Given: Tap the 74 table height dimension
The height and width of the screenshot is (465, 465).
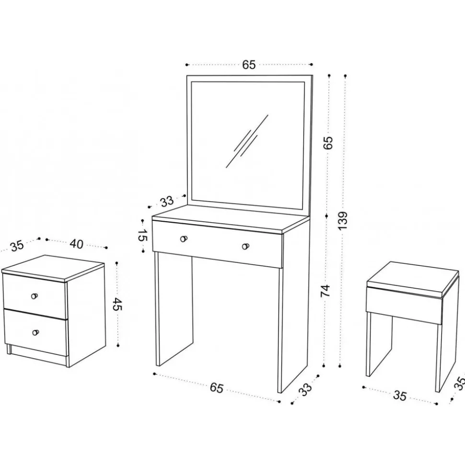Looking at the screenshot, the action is click(325, 291).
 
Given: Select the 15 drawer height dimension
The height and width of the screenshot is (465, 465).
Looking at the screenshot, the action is click(143, 235).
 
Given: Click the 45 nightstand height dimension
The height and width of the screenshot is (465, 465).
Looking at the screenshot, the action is click(117, 304).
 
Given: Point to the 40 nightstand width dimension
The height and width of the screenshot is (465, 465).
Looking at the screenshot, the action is click(76, 244).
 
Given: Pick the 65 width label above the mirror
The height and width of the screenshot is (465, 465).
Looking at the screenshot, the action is click(249, 64).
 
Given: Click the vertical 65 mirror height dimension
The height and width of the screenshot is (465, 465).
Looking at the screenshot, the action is click(328, 143).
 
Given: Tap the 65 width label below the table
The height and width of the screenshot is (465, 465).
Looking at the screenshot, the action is click(216, 387).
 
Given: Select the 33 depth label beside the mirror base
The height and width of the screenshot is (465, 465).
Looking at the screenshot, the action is click(167, 202).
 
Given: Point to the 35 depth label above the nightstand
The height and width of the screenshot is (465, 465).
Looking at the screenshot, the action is click(17, 246).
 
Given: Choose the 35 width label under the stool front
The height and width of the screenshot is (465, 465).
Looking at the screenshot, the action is click(399, 396).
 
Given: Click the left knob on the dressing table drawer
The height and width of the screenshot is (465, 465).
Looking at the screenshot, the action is click(184, 238).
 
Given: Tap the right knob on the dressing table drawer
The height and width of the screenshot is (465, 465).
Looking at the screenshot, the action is click(245, 246).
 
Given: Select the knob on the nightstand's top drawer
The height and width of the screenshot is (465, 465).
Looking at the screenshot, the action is click(35, 296).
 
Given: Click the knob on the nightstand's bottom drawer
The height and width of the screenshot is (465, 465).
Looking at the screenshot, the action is click(35, 332).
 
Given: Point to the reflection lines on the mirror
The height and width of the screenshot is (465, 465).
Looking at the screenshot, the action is click(247, 141).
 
